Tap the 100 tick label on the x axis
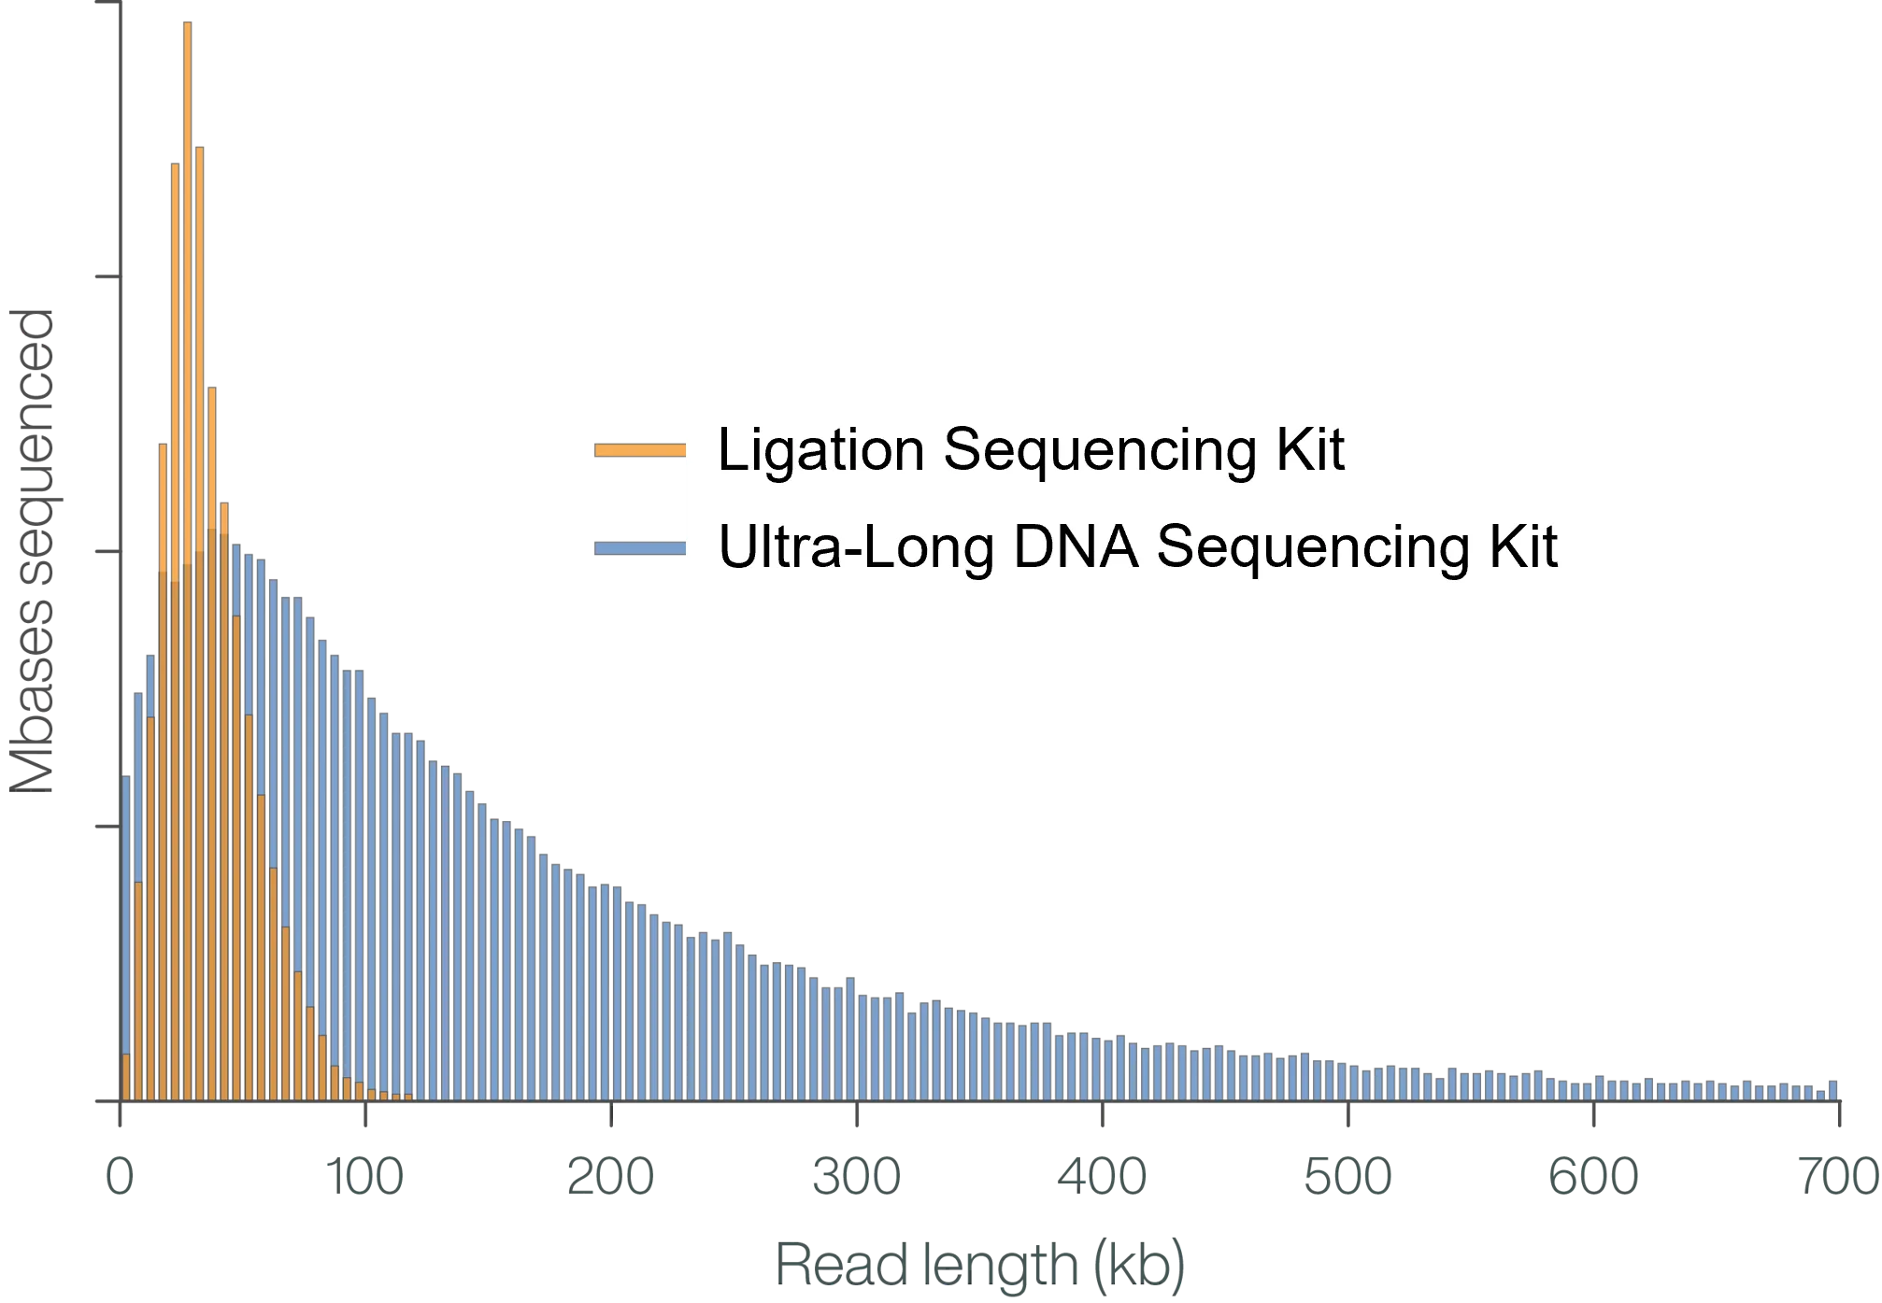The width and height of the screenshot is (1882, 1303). point(363,1175)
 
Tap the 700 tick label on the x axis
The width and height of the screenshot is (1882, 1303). point(1837,1175)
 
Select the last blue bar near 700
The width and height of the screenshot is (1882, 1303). point(1832,1090)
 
